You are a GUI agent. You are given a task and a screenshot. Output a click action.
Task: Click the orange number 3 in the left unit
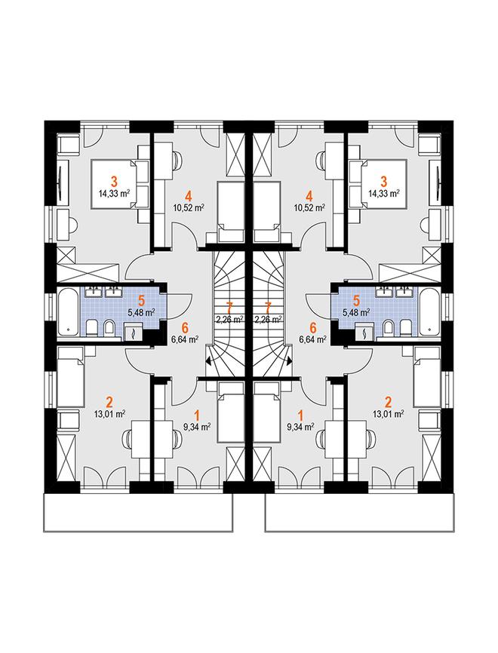click(114, 182)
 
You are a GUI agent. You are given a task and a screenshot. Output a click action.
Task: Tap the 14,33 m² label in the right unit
click(384, 193)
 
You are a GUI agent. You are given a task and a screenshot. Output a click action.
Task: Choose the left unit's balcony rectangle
click(138, 513)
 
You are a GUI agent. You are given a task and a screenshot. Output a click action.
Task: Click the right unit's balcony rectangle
click(360, 513)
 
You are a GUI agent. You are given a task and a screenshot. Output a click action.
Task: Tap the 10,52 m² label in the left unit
click(189, 207)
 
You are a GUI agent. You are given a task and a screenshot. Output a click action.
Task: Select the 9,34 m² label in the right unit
click(300, 427)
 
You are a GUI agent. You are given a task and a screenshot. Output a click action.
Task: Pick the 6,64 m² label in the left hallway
click(184, 339)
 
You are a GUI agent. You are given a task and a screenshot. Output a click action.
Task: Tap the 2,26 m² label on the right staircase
click(269, 320)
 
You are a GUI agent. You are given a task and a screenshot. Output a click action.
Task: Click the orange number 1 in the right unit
click(300, 415)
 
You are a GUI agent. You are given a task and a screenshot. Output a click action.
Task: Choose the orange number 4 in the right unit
click(309, 195)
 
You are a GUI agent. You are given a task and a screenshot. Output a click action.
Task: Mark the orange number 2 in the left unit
click(110, 403)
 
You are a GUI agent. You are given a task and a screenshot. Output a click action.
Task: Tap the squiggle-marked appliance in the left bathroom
click(134, 333)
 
